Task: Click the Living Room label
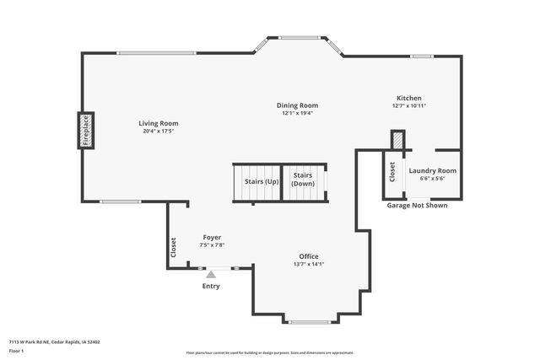coord(159,123)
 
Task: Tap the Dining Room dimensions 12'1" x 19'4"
coord(297,113)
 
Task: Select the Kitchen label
coord(408,98)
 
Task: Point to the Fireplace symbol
coord(86,130)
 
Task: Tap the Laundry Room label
coord(432,170)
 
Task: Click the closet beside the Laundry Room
coord(392,172)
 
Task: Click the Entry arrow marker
coord(211,273)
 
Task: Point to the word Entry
coord(211,286)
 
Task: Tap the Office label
coord(309,256)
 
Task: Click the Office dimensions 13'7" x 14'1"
coord(309,264)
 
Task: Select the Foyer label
coord(212,238)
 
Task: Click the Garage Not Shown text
coord(417,205)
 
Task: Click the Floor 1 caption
coord(17,350)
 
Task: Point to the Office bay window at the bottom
coord(309,321)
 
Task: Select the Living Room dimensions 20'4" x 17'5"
coord(159,131)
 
